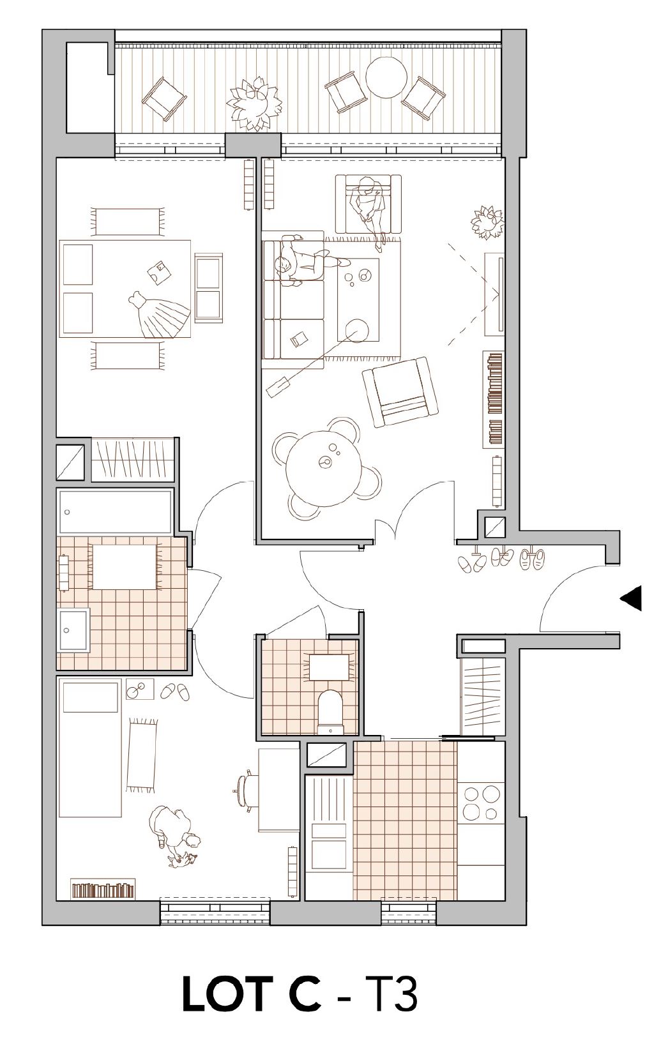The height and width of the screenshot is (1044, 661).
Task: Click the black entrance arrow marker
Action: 632,598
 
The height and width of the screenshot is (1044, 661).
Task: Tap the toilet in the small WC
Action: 330,711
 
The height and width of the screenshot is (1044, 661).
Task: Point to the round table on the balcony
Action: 386,77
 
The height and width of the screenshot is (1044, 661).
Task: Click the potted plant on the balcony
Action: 255,103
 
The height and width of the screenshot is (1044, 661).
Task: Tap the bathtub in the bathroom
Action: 115,511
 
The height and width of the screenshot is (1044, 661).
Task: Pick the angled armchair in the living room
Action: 400,392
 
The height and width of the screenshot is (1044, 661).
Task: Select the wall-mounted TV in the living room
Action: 501,294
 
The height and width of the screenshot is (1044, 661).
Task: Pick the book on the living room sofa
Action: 298,339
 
